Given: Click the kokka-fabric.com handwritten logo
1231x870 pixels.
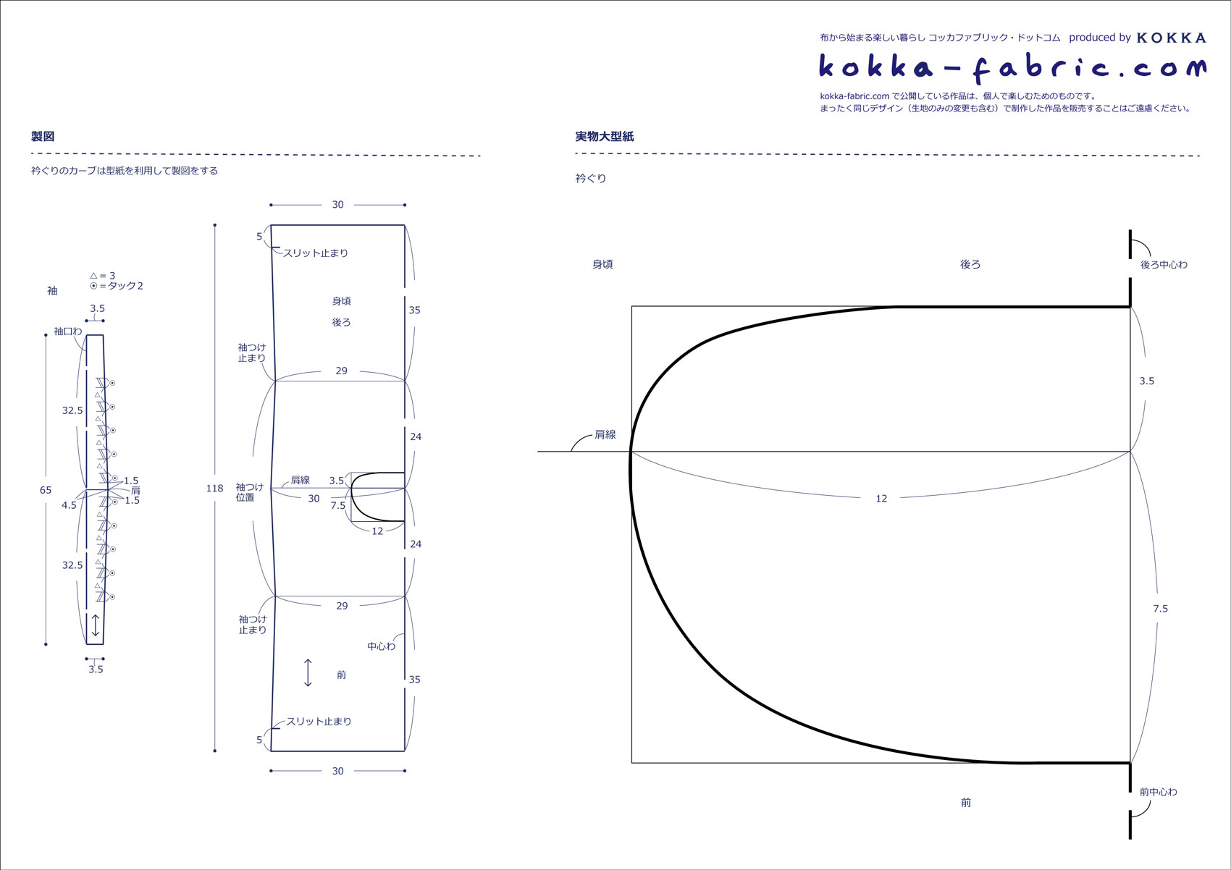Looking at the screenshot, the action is point(1012,67).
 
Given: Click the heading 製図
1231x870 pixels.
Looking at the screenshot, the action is point(42,136).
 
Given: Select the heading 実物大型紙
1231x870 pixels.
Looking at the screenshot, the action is point(604,136).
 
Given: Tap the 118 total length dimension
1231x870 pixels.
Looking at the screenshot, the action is point(214,489).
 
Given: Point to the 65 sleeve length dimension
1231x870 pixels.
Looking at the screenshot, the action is point(46,490).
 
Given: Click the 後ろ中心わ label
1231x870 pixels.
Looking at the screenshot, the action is point(1164,265).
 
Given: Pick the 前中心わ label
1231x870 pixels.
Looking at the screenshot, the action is point(1158,792).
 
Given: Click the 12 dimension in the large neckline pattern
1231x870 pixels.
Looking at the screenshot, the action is point(881,498).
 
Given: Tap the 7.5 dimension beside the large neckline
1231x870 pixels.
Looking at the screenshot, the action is point(1160,609).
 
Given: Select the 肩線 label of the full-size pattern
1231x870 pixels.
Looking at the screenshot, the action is point(605,434).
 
